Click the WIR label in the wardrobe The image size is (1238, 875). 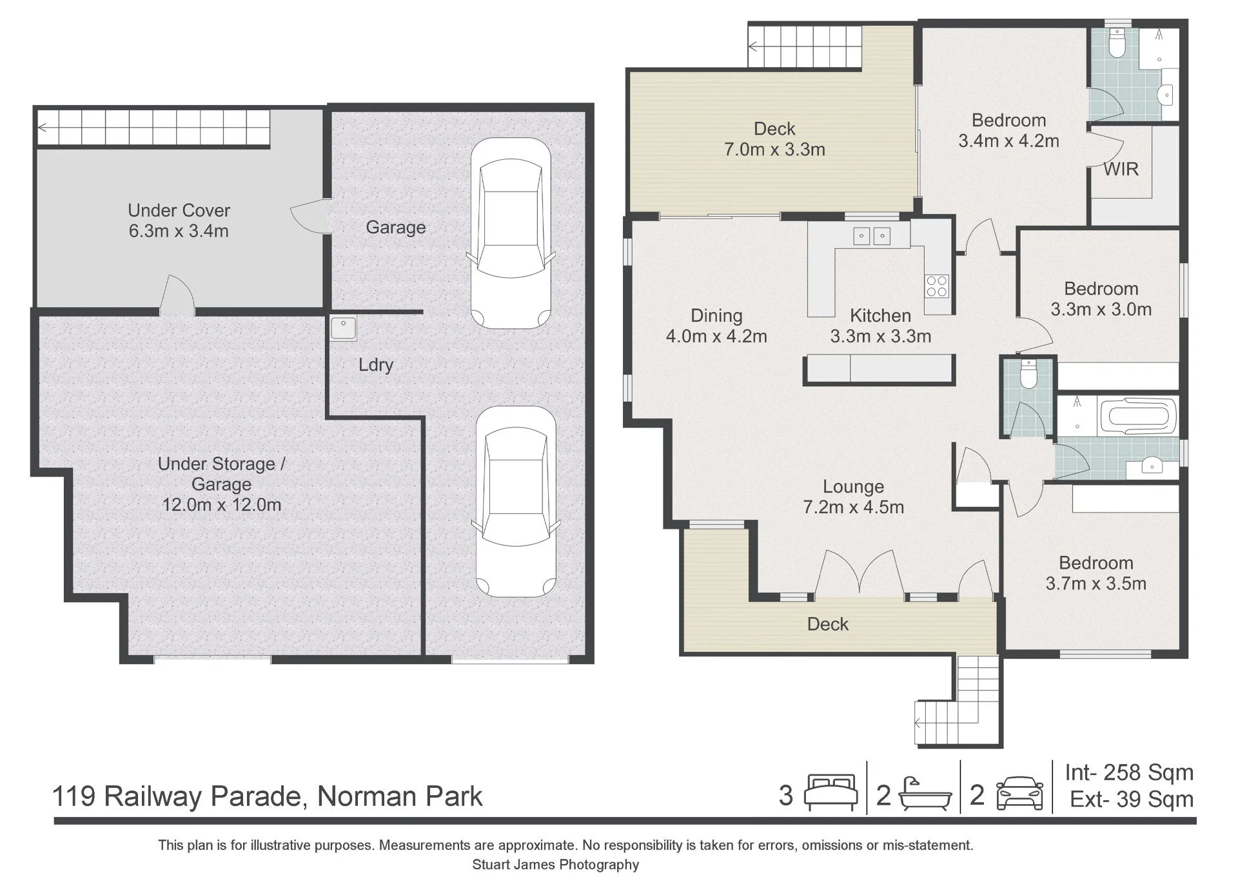coord(1121,169)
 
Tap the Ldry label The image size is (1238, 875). coord(376,365)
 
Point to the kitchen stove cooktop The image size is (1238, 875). coord(936,285)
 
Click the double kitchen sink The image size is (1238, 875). coord(872,237)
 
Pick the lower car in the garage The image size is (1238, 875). coord(515,501)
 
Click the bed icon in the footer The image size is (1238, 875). coord(831,792)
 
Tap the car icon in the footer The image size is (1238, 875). coord(1019,794)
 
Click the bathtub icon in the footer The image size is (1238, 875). coord(925,794)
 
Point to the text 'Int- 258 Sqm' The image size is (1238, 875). coord(1129,772)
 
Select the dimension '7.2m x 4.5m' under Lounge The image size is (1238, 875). coord(853,507)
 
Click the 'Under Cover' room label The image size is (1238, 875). coord(179,210)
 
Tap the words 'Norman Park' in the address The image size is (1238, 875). coord(400,796)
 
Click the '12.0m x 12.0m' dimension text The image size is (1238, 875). coord(221,504)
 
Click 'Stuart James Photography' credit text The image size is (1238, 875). coord(555,865)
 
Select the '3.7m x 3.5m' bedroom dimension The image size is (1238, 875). coord(1096,584)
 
